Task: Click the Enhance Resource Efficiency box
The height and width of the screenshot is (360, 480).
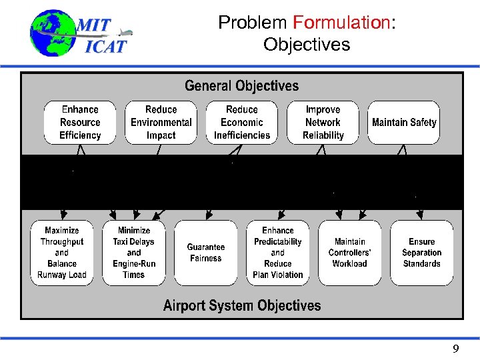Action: (80, 123)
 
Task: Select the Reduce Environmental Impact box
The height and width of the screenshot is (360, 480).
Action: (161, 123)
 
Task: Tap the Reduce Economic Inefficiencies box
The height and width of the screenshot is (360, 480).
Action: (242, 123)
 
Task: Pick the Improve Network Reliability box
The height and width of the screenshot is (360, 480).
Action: (323, 123)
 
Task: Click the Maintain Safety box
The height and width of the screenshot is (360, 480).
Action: (404, 123)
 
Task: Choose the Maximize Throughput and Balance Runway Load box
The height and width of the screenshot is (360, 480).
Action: (62, 253)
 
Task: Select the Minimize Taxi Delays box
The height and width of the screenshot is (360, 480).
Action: (134, 253)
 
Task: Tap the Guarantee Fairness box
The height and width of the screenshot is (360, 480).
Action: (206, 253)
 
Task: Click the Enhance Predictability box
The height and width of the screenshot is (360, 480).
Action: (278, 253)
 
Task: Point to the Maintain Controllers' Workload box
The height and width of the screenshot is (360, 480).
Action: (350, 253)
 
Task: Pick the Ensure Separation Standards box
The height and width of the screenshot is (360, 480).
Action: (422, 253)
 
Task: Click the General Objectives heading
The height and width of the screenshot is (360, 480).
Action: (242, 86)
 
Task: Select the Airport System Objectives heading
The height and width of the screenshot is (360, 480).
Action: (242, 306)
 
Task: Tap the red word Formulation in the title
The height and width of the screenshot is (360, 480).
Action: (341, 23)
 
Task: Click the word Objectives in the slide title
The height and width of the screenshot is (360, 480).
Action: (307, 45)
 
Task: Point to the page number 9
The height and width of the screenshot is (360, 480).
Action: (456, 349)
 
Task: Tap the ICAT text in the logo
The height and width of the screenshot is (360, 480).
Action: (105, 47)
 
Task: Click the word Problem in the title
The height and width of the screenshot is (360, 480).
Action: (253, 23)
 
